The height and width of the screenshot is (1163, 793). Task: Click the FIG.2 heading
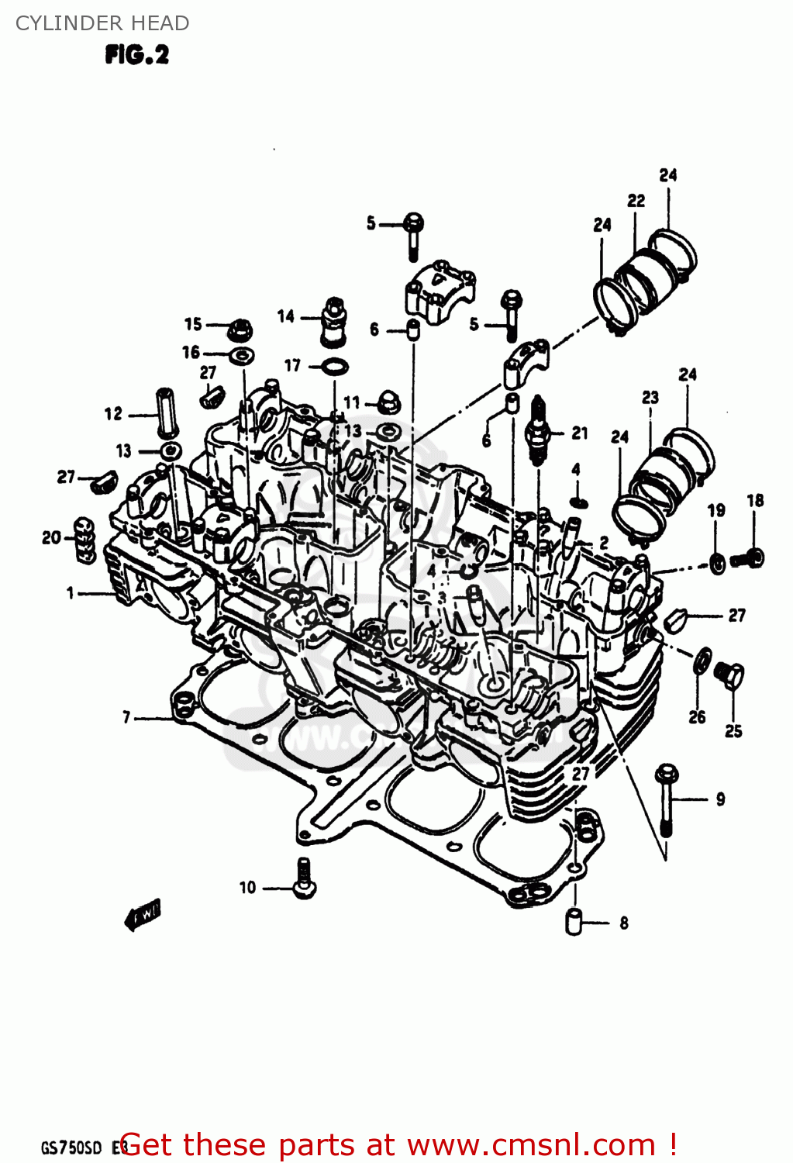[x=136, y=55]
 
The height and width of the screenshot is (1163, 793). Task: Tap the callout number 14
[x=286, y=316]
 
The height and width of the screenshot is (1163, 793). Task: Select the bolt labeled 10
[x=304, y=879]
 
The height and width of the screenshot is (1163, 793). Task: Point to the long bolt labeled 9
[x=667, y=799]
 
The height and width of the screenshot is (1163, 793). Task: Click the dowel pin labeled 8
[x=574, y=921]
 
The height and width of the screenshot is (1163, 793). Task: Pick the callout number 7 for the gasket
[x=126, y=718]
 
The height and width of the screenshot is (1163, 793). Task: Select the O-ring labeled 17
[x=334, y=366]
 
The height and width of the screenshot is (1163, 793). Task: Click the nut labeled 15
[x=240, y=329]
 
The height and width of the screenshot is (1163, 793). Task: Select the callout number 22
[x=636, y=201]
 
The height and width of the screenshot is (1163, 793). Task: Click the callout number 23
[x=650, y=398]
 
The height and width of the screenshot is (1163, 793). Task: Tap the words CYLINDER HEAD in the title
[x=102, y=23]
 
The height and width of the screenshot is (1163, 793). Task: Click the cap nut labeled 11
[x=385, y=403]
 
